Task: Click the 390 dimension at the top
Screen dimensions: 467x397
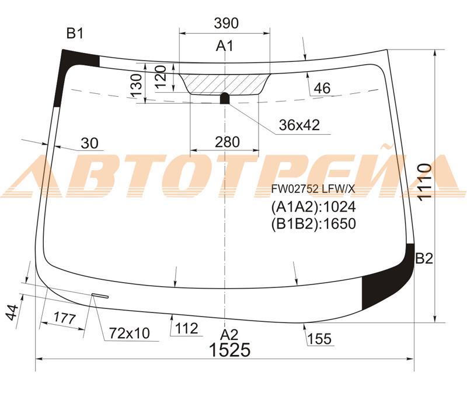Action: [226, 23]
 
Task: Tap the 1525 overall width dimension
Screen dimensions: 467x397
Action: [230, 350]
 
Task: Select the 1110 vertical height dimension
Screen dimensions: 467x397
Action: [425, 182]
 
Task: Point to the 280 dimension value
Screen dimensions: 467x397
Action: [227, 142]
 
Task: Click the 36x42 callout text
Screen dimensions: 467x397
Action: [299, 125]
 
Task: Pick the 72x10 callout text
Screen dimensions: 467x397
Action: [129, 333]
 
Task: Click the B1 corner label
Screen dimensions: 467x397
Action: [75, 33]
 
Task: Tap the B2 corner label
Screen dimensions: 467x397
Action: [424, 258]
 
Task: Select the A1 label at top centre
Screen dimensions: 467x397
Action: [225, 46]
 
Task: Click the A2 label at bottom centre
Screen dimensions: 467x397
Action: [229, 335]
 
